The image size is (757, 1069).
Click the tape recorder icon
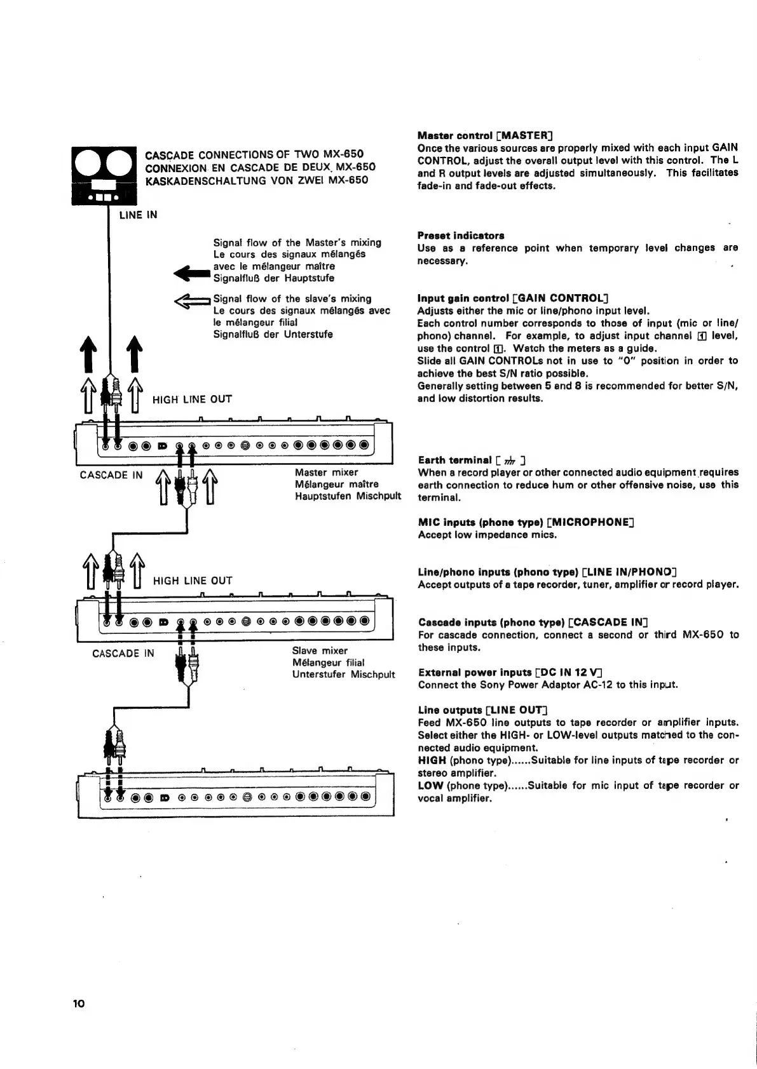[x=104, y=175]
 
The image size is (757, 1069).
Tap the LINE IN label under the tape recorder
[x=138, y=215]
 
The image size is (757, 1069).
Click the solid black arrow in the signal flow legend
[x=192, y=273]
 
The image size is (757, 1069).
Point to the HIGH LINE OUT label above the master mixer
[x=192, y=399]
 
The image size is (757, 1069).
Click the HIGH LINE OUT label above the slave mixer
[x=193, y=581]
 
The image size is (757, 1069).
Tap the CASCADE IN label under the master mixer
[x=111, y=475]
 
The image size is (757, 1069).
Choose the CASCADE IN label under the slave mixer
[x=123, y=653]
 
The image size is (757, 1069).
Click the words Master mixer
[x=326, y=472]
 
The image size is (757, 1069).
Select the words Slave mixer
[x=320, y=650]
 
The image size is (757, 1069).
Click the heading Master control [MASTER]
[x=485, y=135]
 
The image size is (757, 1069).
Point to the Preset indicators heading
[x=461, y=235]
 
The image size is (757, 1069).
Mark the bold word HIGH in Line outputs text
[x=432, y=760]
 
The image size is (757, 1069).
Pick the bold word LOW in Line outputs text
[x=430, y=786]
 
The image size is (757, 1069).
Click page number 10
[x=78, y=1004]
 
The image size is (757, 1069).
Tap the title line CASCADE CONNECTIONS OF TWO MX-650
[x=254, y=155]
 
